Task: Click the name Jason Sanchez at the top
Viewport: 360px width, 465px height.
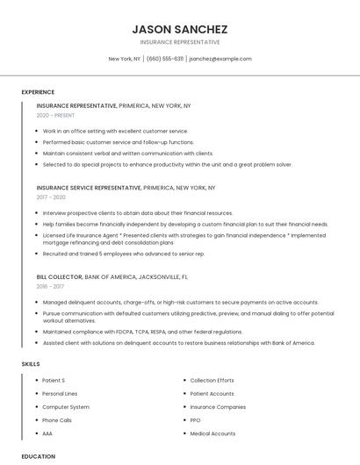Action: [179, 29]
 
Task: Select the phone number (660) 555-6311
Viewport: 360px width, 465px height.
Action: [165, 59]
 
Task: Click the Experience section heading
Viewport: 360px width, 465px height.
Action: [38, 92]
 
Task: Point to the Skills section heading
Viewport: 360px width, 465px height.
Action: [31, 364]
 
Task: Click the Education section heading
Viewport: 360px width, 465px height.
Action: [39, 456]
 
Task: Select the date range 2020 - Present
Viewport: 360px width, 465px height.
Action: [56, 116]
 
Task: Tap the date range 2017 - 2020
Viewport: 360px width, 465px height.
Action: [51, 197]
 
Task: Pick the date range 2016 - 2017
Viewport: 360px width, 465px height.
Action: [50, 286]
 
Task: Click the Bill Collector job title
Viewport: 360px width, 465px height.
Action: [59, 276]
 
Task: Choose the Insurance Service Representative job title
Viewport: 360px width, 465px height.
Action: [89, 188]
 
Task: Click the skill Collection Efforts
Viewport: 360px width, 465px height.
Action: [212, 381]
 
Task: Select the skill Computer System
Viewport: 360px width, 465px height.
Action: [66, 407]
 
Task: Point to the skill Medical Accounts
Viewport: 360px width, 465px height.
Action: [212, 433]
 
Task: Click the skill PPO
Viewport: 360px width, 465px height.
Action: [195, 420]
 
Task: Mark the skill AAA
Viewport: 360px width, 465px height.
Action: [47, 433]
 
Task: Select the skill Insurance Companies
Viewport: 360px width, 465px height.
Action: [218, 407]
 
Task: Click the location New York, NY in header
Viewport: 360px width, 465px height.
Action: [124, 59]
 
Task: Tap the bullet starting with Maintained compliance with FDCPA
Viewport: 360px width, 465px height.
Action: [142, 332]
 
